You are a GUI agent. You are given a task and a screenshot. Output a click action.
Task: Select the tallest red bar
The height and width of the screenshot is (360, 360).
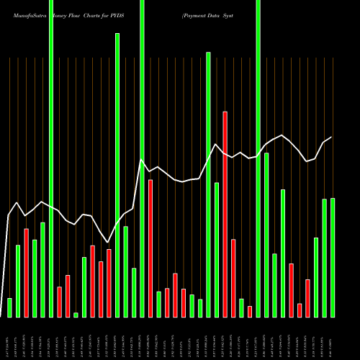(225, 214)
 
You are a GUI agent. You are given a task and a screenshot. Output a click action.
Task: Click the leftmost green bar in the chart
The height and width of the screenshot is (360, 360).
(9, 307)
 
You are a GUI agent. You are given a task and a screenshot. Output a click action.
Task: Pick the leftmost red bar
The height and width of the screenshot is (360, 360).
(26, 273)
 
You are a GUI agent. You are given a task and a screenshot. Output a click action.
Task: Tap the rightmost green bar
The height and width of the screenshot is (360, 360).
(333, 257)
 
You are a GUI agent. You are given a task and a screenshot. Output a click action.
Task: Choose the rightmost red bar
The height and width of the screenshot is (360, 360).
(307, 298)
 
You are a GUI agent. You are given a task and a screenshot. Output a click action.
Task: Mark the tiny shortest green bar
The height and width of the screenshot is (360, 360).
(76, 315)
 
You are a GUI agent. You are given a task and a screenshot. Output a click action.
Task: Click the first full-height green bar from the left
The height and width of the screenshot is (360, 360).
(51, 158)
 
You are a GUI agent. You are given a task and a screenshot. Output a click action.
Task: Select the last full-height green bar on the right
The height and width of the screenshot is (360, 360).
(258, 158)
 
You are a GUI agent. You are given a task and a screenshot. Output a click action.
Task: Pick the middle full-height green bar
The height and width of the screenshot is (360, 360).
(142, 158)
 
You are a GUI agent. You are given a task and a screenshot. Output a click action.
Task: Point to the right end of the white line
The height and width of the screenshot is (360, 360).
(331, 137)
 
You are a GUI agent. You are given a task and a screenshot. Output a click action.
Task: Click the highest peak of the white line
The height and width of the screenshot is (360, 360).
(283, 135)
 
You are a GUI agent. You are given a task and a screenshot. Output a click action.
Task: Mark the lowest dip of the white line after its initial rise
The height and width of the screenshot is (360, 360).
(107, 242)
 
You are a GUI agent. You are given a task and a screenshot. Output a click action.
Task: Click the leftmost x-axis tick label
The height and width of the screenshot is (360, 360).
(9, 338)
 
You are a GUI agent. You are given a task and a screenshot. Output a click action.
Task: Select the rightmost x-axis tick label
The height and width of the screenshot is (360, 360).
(333, 338)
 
